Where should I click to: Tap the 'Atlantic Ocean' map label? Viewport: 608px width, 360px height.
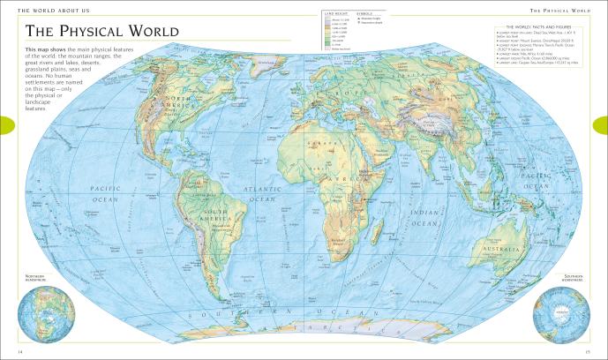click(x=264, y=194)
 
